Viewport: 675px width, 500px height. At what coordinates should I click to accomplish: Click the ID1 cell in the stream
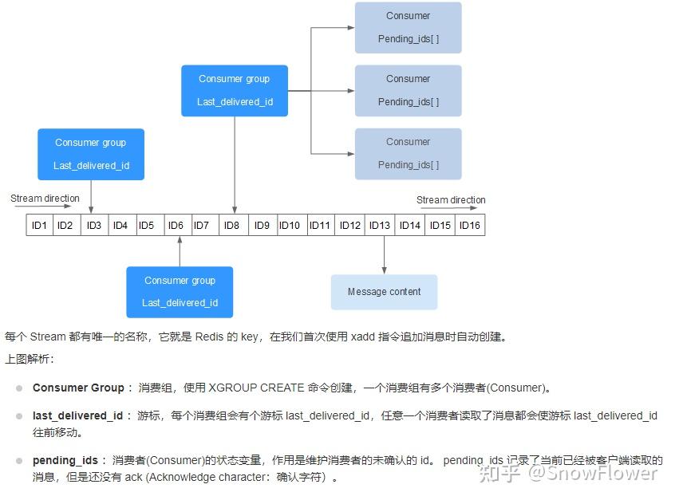[39, 226]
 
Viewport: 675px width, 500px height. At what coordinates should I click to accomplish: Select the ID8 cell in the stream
[231, 226]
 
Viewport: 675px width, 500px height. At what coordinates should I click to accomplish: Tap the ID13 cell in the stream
[380, 226]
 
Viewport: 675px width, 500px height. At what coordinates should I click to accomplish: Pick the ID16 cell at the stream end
[470, 226]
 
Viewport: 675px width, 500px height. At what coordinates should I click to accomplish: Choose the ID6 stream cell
[176, 226]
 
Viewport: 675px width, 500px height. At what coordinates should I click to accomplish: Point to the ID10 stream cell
[289, 226]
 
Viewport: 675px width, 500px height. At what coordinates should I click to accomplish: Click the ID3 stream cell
[94, 226]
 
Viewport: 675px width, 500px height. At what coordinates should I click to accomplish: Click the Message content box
[384, 292]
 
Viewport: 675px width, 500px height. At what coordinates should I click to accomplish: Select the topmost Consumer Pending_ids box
[408, 27]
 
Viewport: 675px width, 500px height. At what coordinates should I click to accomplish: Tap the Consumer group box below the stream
[180, 292]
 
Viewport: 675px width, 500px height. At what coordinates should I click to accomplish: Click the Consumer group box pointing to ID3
[91, 154]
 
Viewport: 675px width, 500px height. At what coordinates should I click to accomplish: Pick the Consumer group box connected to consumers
[234, 90]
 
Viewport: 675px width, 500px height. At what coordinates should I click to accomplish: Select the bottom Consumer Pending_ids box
[408, 153]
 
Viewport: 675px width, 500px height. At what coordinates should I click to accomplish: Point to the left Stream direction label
[45, 199]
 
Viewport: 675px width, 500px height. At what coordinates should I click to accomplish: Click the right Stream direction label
[451, 200]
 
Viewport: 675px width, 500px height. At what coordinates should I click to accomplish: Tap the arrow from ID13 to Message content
[384, 255]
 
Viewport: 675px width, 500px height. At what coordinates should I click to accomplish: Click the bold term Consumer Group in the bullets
[78, 388]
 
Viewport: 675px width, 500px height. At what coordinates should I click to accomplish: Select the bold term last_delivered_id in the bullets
[78, 416]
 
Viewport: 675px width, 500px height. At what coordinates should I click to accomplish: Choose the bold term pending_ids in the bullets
[65, 461]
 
